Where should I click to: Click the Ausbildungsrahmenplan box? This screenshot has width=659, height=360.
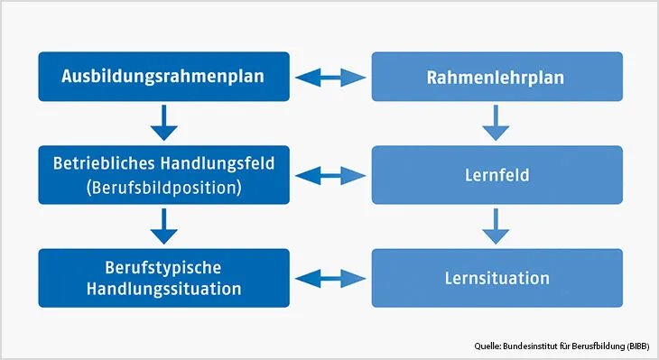tap(162, 77)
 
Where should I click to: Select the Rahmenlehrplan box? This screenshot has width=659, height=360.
tap(496, 78)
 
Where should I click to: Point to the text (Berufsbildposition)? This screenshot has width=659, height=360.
tap(162, 189)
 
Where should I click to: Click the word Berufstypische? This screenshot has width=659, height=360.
tap(162, 268)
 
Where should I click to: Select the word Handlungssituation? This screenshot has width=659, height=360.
tap(162, 289)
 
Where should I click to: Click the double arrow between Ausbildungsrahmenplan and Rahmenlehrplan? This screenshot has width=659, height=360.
tap(329, 78)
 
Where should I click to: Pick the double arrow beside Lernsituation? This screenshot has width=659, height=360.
tap(329, 276)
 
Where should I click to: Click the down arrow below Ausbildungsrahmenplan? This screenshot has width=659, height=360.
tap(162, 123)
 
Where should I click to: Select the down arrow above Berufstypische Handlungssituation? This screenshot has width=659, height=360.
tap(162, 226)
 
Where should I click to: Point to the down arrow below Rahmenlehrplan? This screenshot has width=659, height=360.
tap(496, 123)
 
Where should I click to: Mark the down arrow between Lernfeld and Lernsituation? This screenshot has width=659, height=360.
tap(496, 226)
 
